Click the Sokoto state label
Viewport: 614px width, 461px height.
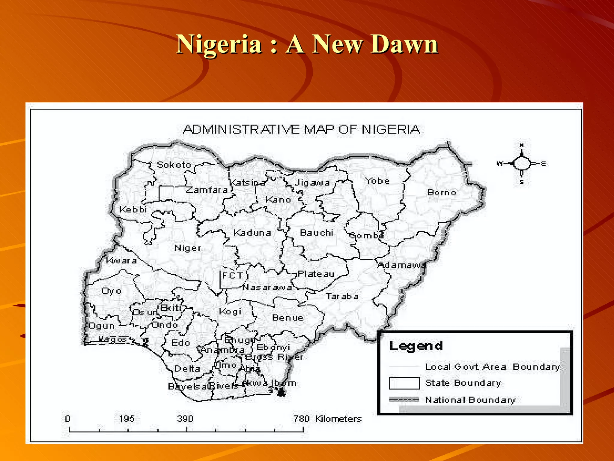point(174,165)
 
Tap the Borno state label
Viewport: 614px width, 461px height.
point(442,192)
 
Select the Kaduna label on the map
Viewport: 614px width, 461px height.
point(252,233)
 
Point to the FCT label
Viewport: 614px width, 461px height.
point(232,276)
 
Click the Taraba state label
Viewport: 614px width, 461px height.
point(342,297)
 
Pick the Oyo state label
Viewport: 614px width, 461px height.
point(112,291)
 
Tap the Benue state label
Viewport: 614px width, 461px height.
point(288,318)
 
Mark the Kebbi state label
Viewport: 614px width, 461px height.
point(133,209)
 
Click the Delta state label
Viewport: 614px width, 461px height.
point(187,369)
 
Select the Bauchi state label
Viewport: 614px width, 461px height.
point(317,233)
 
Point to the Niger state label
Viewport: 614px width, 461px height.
point(188,248)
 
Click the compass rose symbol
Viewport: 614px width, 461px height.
point(522,164)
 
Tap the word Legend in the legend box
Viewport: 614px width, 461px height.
point(416,346)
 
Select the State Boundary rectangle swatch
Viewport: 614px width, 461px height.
point(404,383)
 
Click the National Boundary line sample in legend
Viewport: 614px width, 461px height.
point(404,400)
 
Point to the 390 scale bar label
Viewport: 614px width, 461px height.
point(185,419)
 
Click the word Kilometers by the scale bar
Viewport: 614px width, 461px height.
point(338,419)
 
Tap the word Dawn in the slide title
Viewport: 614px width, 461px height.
point(404,44)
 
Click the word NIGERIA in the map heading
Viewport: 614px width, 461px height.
point(391,129)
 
